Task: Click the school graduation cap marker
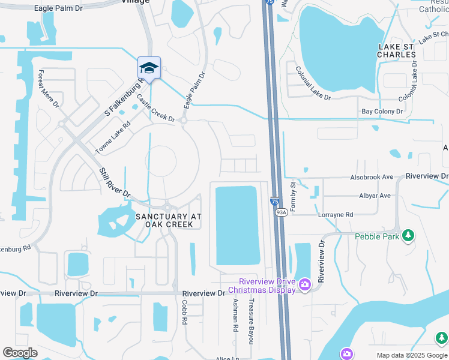pos(149,67)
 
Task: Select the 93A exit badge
pos(280,212)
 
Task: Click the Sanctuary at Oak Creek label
pos(168,220)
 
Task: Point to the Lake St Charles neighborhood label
pos(397,50)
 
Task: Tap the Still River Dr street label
pos(115,183)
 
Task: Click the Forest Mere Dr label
pos(49,89)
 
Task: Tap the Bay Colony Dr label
pos(382,112)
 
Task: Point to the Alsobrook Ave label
pos(372,178)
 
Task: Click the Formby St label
pos(294,196)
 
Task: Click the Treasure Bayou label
pos(252,320)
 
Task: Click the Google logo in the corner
pos(20,353)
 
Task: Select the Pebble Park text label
pos(376,236)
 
